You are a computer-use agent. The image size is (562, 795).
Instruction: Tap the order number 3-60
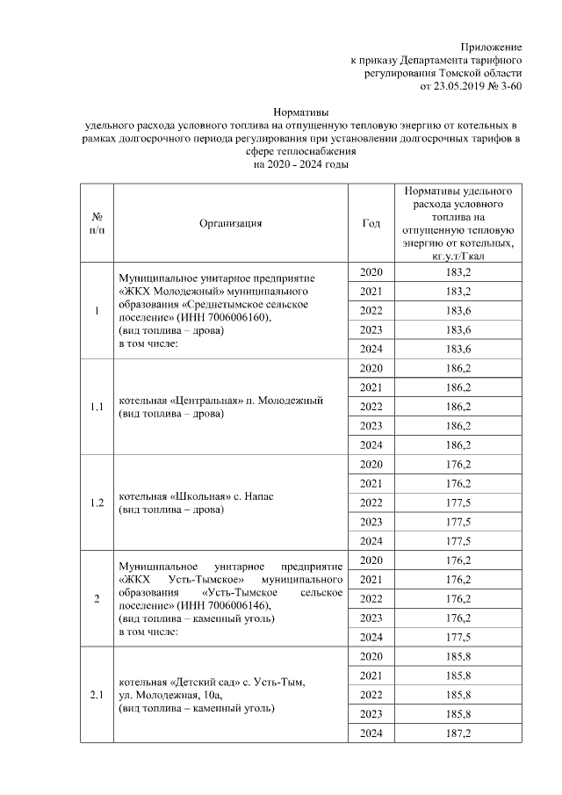[x=512, y=88]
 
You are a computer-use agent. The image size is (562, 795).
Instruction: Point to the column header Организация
[x=231, y=223]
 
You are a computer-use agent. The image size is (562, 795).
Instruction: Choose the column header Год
[x=371, y=223]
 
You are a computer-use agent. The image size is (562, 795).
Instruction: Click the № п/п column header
[x=97, y=223]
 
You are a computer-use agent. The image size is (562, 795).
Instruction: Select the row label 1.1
[x=97, y=407]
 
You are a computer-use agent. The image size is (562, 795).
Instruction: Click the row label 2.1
[x=97, y=696]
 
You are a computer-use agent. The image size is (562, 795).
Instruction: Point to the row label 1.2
[x=97, y=503]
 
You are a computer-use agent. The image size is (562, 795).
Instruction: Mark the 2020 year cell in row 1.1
[x=371, y=367]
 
